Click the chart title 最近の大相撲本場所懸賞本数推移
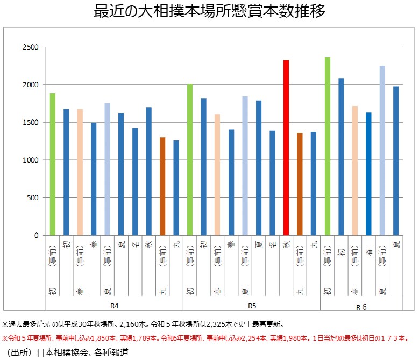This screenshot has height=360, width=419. (209, 12)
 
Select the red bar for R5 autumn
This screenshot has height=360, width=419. (286, 147)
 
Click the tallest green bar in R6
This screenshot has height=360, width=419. (327, 146)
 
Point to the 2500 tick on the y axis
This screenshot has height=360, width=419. (31, 47)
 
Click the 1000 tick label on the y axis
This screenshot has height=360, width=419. (31, 160)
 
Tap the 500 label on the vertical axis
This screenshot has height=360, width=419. (32, 198)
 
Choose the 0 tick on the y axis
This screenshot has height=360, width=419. (37, 236)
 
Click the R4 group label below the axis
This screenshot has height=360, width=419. (114, 306)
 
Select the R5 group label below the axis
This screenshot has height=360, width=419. (251, 306)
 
